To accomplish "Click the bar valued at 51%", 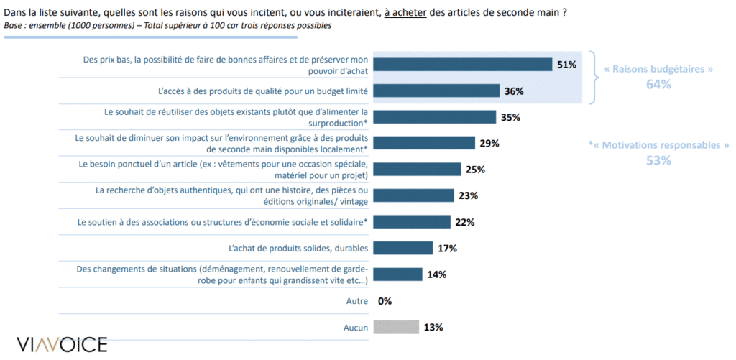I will pyautogui.click(x=462, y=64).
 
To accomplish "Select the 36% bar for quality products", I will pyautogui.click(x=436, y=91).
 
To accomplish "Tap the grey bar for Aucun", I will pyautogui.click(x=395, y=327).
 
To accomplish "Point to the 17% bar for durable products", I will pyautogui.click(x=402, y=248).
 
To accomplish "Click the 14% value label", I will pyautogui.click(x=437, y=274).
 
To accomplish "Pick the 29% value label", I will pyautogui.click(x=489, y=143).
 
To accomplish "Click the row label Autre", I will pyautogui.click(x=357, y=301).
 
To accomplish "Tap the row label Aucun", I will pyautogui.click(x=356, y=327).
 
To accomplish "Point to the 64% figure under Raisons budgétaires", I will pyautogui.click(x=658, y=84).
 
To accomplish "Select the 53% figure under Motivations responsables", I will pyautogui.click(x=658, y=160).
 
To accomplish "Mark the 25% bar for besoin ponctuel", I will pyautogui.click(x=416, y=169).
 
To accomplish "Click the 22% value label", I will pyautogui.click(x=464, y=222).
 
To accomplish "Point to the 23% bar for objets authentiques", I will pyautogui.click(x=413, y=195).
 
